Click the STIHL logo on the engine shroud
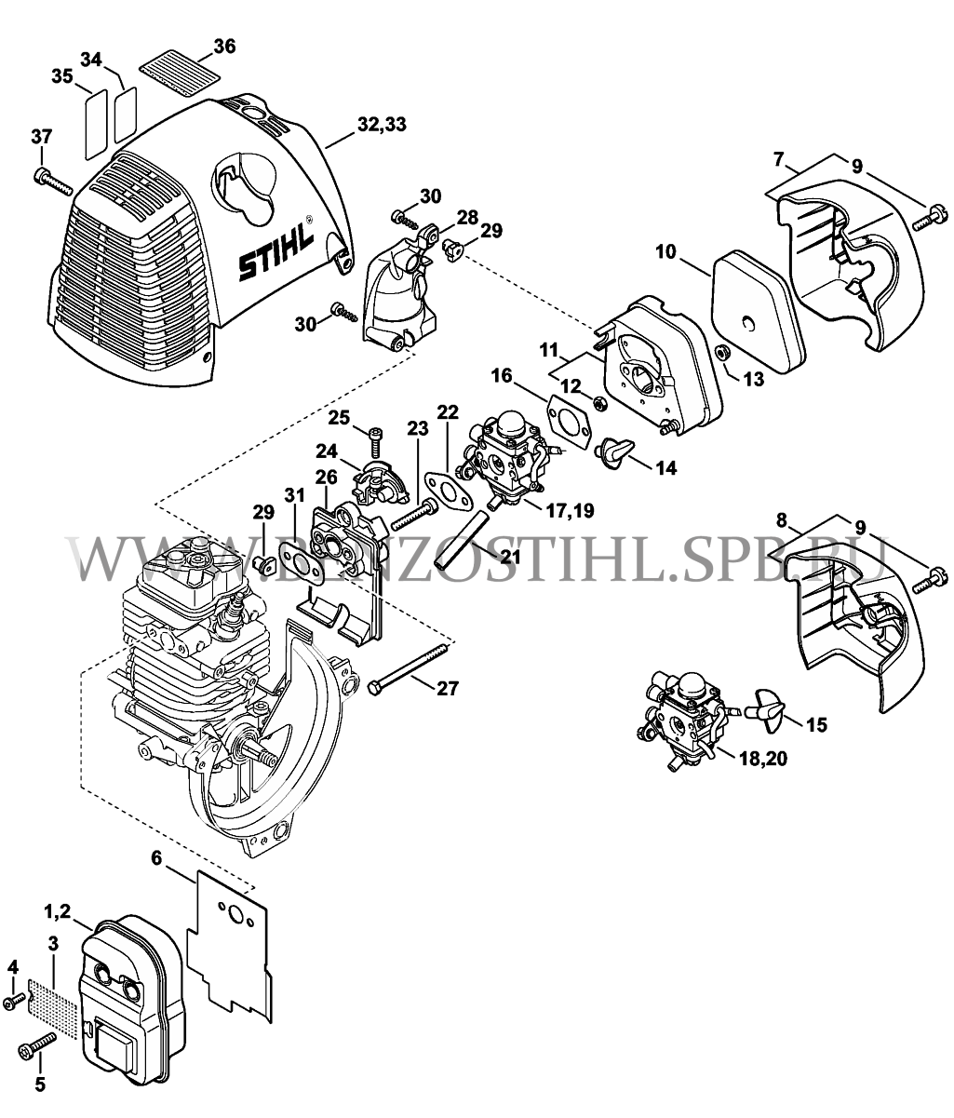pyautogui.click(x=278, y=252)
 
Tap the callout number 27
pyautogui.click(x=448, y=689)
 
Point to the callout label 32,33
pyautogui.click(x=381, y=125)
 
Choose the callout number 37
pyautogui.click(x=42, y=138)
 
